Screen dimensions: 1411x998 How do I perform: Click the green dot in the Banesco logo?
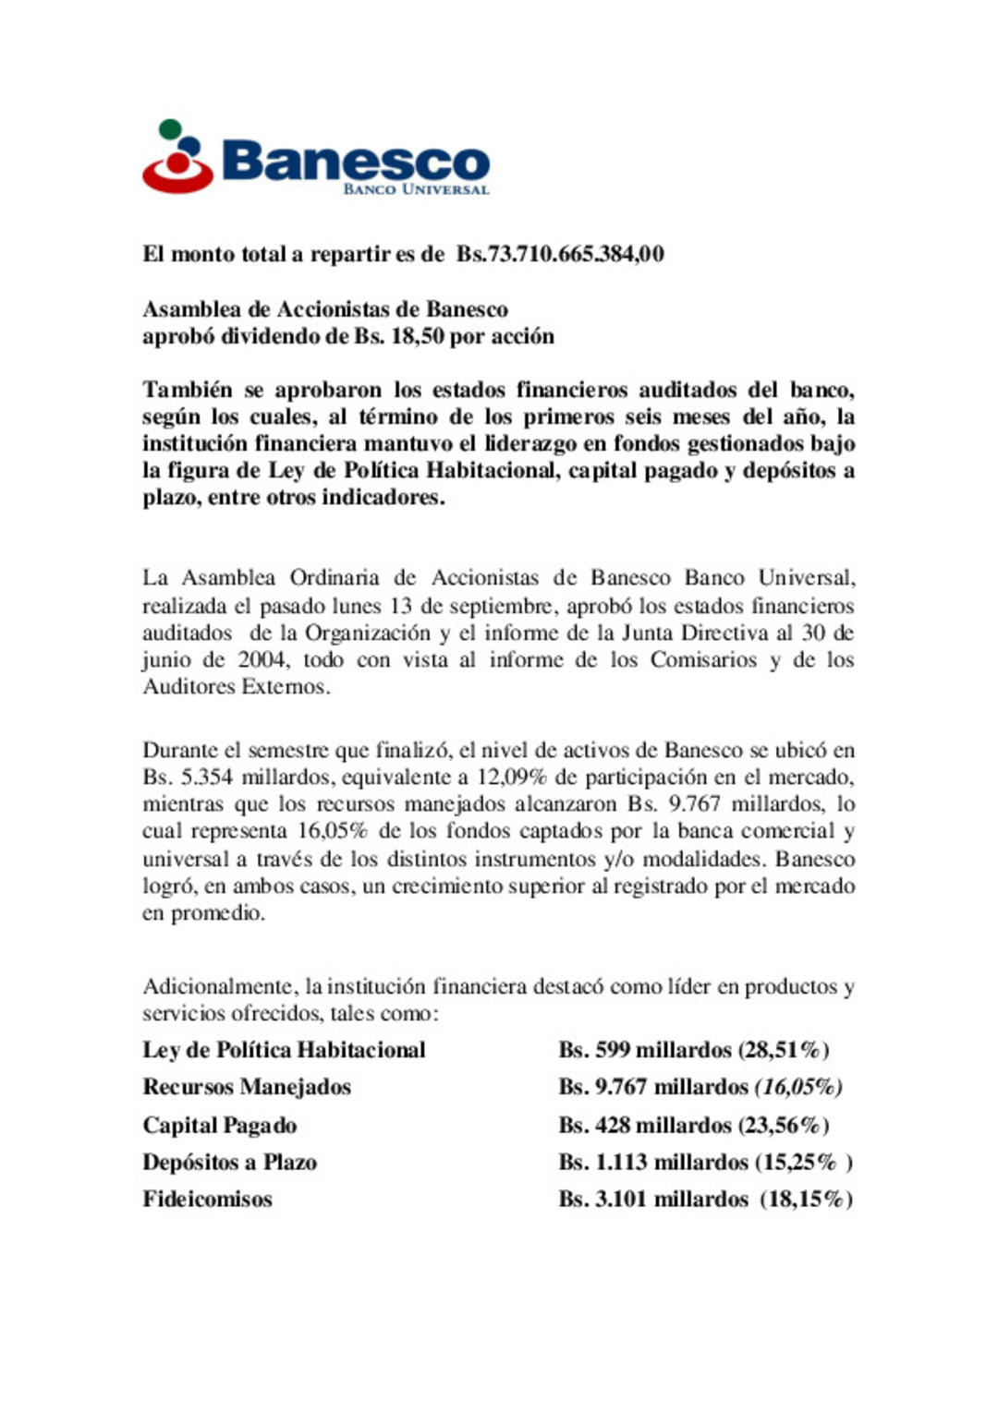point(170,129)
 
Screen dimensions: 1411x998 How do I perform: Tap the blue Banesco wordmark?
point(356,161)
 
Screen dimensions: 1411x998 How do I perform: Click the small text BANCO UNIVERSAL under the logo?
point(416,189)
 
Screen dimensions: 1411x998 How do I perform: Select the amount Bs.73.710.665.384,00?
point(560,254)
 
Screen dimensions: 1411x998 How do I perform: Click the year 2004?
point(262,659)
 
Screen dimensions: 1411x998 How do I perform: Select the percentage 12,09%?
point(512,777)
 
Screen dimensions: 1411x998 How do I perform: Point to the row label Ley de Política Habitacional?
point(284,1050)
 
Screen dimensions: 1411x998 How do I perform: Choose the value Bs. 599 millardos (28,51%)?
point(694,1050)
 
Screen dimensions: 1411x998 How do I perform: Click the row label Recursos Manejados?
point(247,1087)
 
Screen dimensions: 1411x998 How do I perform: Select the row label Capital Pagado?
point(220,1125)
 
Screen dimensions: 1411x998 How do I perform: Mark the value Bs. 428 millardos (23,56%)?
point(694,1125)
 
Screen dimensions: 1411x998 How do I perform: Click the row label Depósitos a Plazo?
point(230,1162)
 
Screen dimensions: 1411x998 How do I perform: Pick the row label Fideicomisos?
point(208,1199)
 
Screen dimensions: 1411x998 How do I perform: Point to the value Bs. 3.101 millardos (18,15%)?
point(705,1199)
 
